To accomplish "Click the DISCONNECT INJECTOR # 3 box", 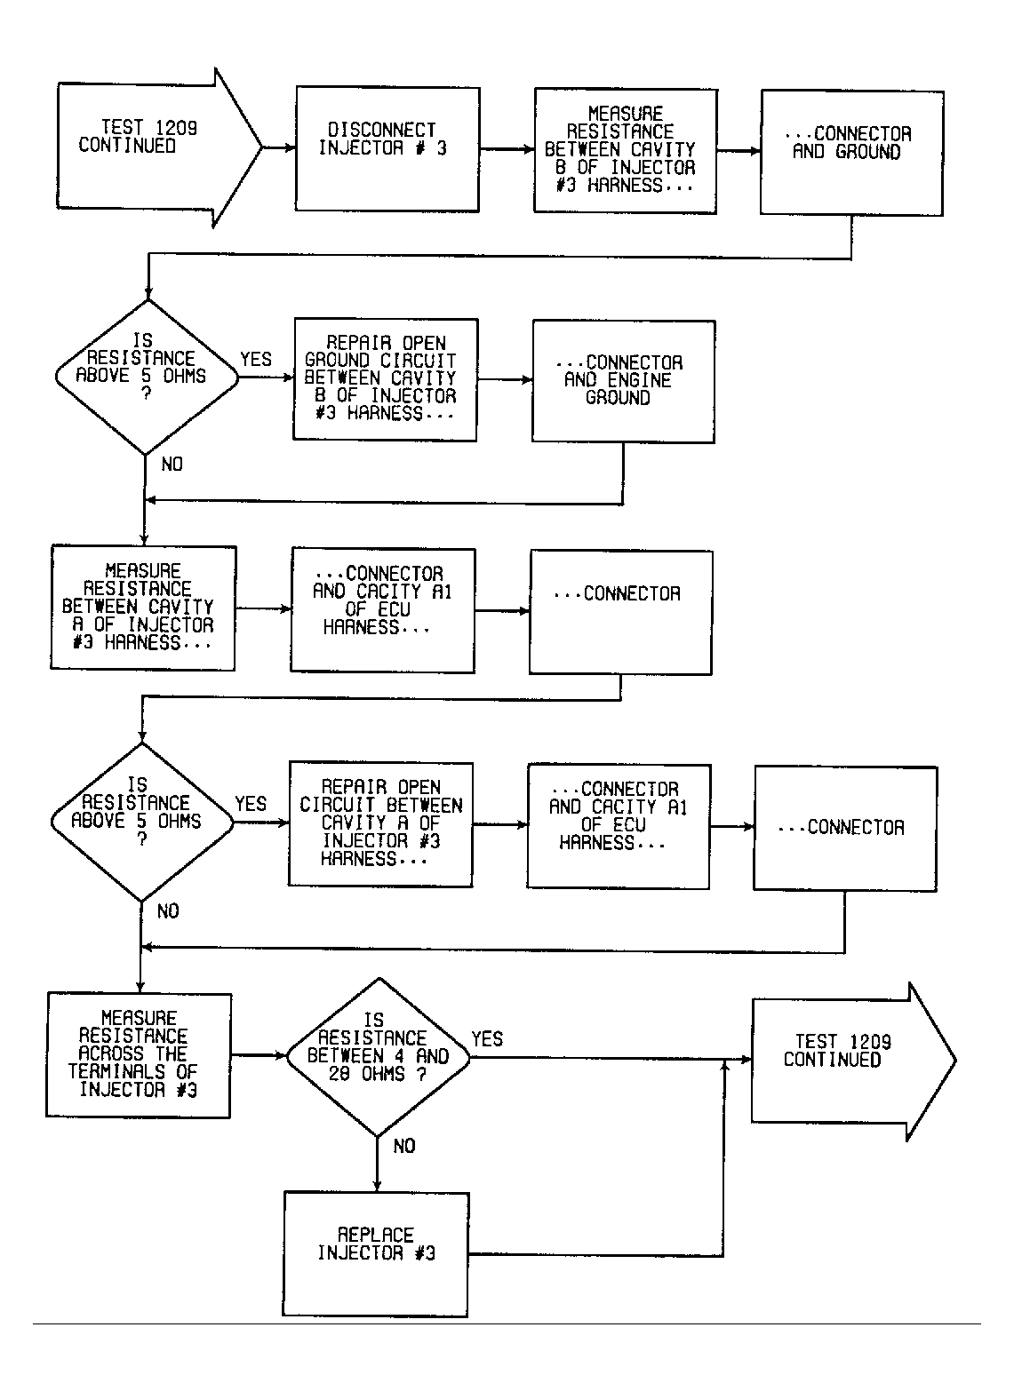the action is coord(387,149).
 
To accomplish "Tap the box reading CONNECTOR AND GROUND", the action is coord(852,153).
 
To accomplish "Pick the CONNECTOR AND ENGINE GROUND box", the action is coord(623,381).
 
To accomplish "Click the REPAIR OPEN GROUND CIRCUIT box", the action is coord(385,379).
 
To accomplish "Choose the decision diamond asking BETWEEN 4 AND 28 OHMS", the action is coord(379,1058).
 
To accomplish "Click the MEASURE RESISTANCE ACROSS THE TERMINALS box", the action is coord(139,1055).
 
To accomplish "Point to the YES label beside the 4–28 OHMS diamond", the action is coord(487,1039).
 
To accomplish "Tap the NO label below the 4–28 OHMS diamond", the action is coord(404,1147).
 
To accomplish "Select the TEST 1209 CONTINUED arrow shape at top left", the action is coord(160,147).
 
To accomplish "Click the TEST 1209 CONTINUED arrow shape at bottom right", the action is coord(854,1061).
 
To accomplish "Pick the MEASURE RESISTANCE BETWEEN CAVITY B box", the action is coord(626,151).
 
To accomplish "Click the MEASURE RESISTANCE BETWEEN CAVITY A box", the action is coord(143,608).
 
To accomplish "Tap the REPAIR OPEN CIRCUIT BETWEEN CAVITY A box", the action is coord(381,824).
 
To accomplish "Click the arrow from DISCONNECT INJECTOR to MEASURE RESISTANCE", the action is coord(507,149).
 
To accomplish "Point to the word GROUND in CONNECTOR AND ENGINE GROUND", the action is coord(618,398).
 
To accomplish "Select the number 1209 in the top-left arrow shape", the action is coord(177,128).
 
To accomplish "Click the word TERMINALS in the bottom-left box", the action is coord(117,1072).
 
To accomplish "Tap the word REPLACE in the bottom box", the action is coord(375,1236).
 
